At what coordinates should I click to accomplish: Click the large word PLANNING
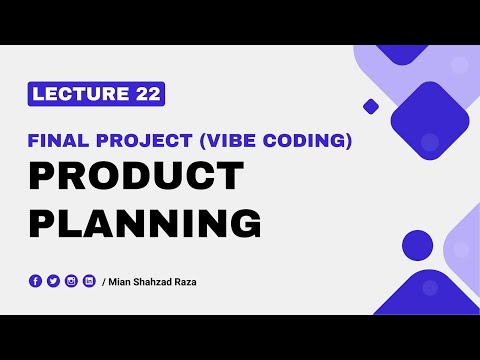(x=145, y=223)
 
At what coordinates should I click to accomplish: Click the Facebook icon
(x=36, y=281)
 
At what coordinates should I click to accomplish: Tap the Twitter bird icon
(x=53, y=281)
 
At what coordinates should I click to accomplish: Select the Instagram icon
(x=71, y=281)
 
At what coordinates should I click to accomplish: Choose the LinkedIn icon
(x=89, y=281)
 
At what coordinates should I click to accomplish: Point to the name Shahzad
(x=154, y=282)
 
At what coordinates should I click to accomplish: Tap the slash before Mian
(x=104, y=282)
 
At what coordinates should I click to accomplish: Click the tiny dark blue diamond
(x=371, y=105)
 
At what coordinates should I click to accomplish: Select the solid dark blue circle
(x=417, y=245)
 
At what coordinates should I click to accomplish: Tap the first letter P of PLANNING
(x=41, y=223)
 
